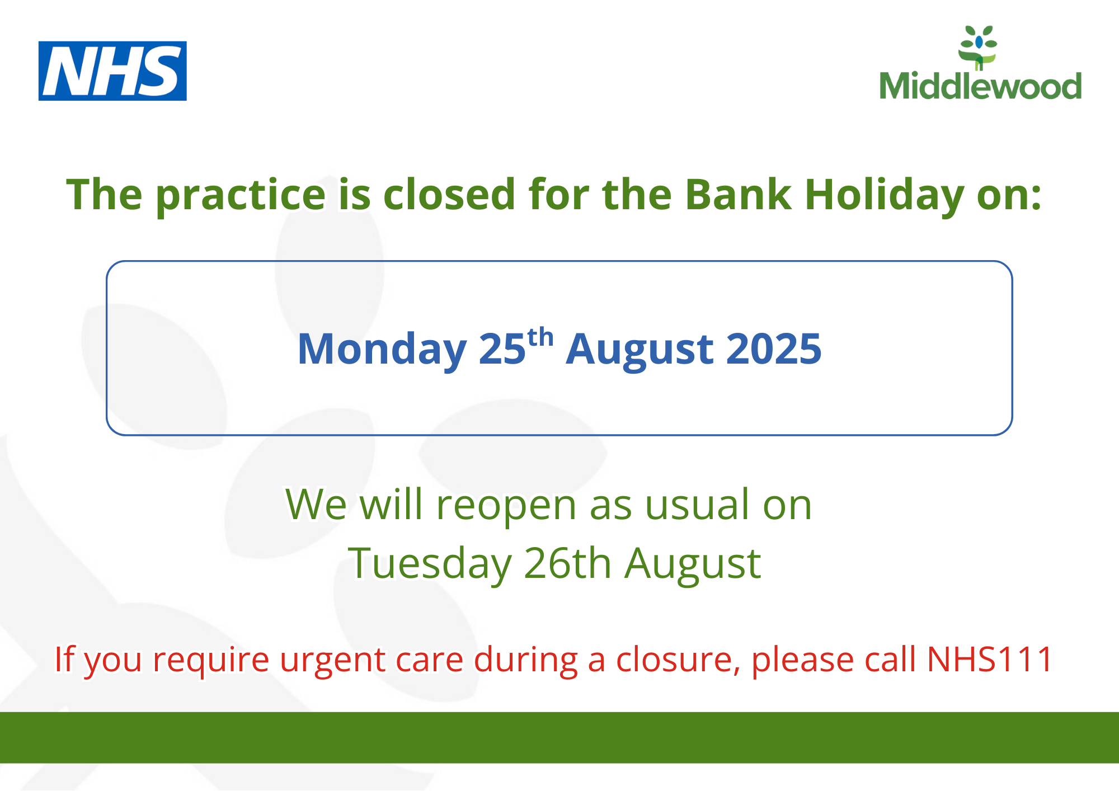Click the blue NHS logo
point(112,71)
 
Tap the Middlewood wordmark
point(980,86)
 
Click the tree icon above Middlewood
point(978,48)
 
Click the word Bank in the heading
point(738,195)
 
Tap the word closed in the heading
point(449,195)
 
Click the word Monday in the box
point(382,350)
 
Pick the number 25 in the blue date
point(502,349)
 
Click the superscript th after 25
point(540,338)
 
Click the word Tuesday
point(430,564)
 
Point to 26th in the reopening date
point(567,562)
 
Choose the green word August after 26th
point(693,564)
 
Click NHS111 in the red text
point(990,659)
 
